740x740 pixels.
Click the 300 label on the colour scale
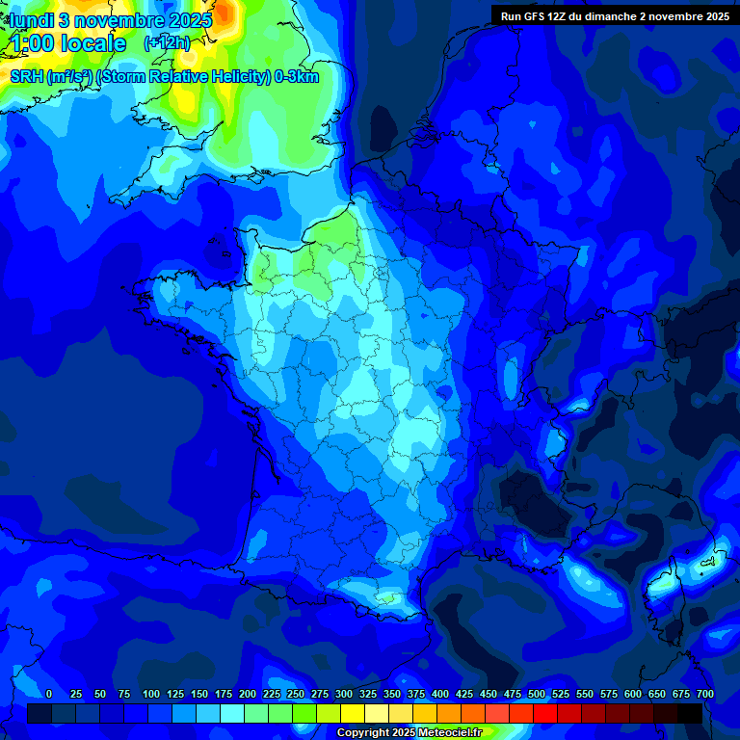[x=344, y=694]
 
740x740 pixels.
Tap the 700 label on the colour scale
[x=705, y=694]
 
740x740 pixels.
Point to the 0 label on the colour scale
[x=49, y=694]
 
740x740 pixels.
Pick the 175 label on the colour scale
[x=224, y=694]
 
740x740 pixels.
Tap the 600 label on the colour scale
[x=633, y=694]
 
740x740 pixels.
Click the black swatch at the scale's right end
[x=690, y=713]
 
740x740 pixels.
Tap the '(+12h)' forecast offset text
[x=166, y=43]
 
